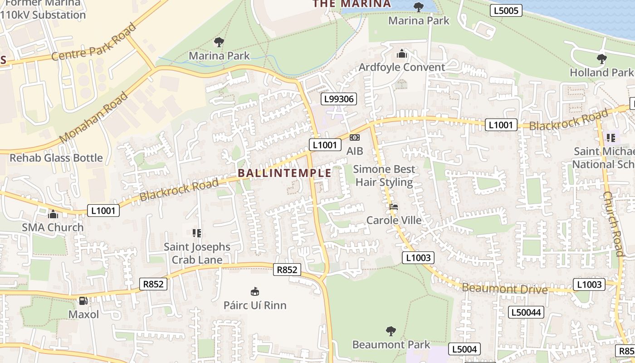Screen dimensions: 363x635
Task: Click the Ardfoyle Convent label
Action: [401, 67]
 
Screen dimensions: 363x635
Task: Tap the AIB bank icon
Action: [355, 137]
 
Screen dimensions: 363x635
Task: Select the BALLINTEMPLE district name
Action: [284, 173]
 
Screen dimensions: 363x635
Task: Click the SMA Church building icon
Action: [53, 214]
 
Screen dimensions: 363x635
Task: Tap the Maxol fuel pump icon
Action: [83, 301]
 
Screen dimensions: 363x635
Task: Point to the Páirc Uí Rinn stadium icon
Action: [254, 291]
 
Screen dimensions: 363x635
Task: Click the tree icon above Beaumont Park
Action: [391, 331]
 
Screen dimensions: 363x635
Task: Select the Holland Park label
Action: [601, 72]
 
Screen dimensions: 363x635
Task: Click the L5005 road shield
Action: [506, 10]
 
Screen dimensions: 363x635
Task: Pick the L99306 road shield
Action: [339, 99]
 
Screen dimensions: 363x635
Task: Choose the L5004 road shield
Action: [464, 349]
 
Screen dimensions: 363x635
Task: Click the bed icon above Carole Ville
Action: [394, 207]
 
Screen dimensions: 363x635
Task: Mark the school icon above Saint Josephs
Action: [196, 233]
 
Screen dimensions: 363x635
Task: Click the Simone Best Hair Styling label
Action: [384, 176]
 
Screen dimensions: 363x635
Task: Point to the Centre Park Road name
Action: [93, 42]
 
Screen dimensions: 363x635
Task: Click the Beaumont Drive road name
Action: [504, 289]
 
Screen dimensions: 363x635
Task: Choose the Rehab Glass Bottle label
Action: [56, 158]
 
